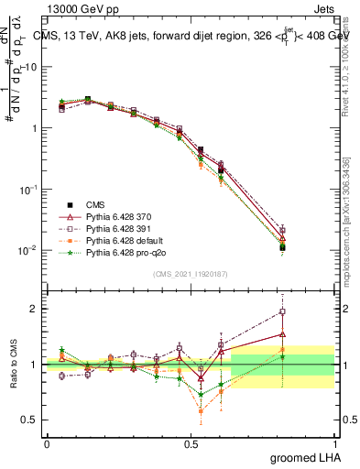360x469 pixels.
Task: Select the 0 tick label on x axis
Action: pos(47,442)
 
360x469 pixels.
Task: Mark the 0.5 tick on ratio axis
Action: pos(30,420)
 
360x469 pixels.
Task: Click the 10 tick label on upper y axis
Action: pos(29,67)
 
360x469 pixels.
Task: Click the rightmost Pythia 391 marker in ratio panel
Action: pos(283,311)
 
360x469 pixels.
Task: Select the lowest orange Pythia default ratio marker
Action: pos(201,411)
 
